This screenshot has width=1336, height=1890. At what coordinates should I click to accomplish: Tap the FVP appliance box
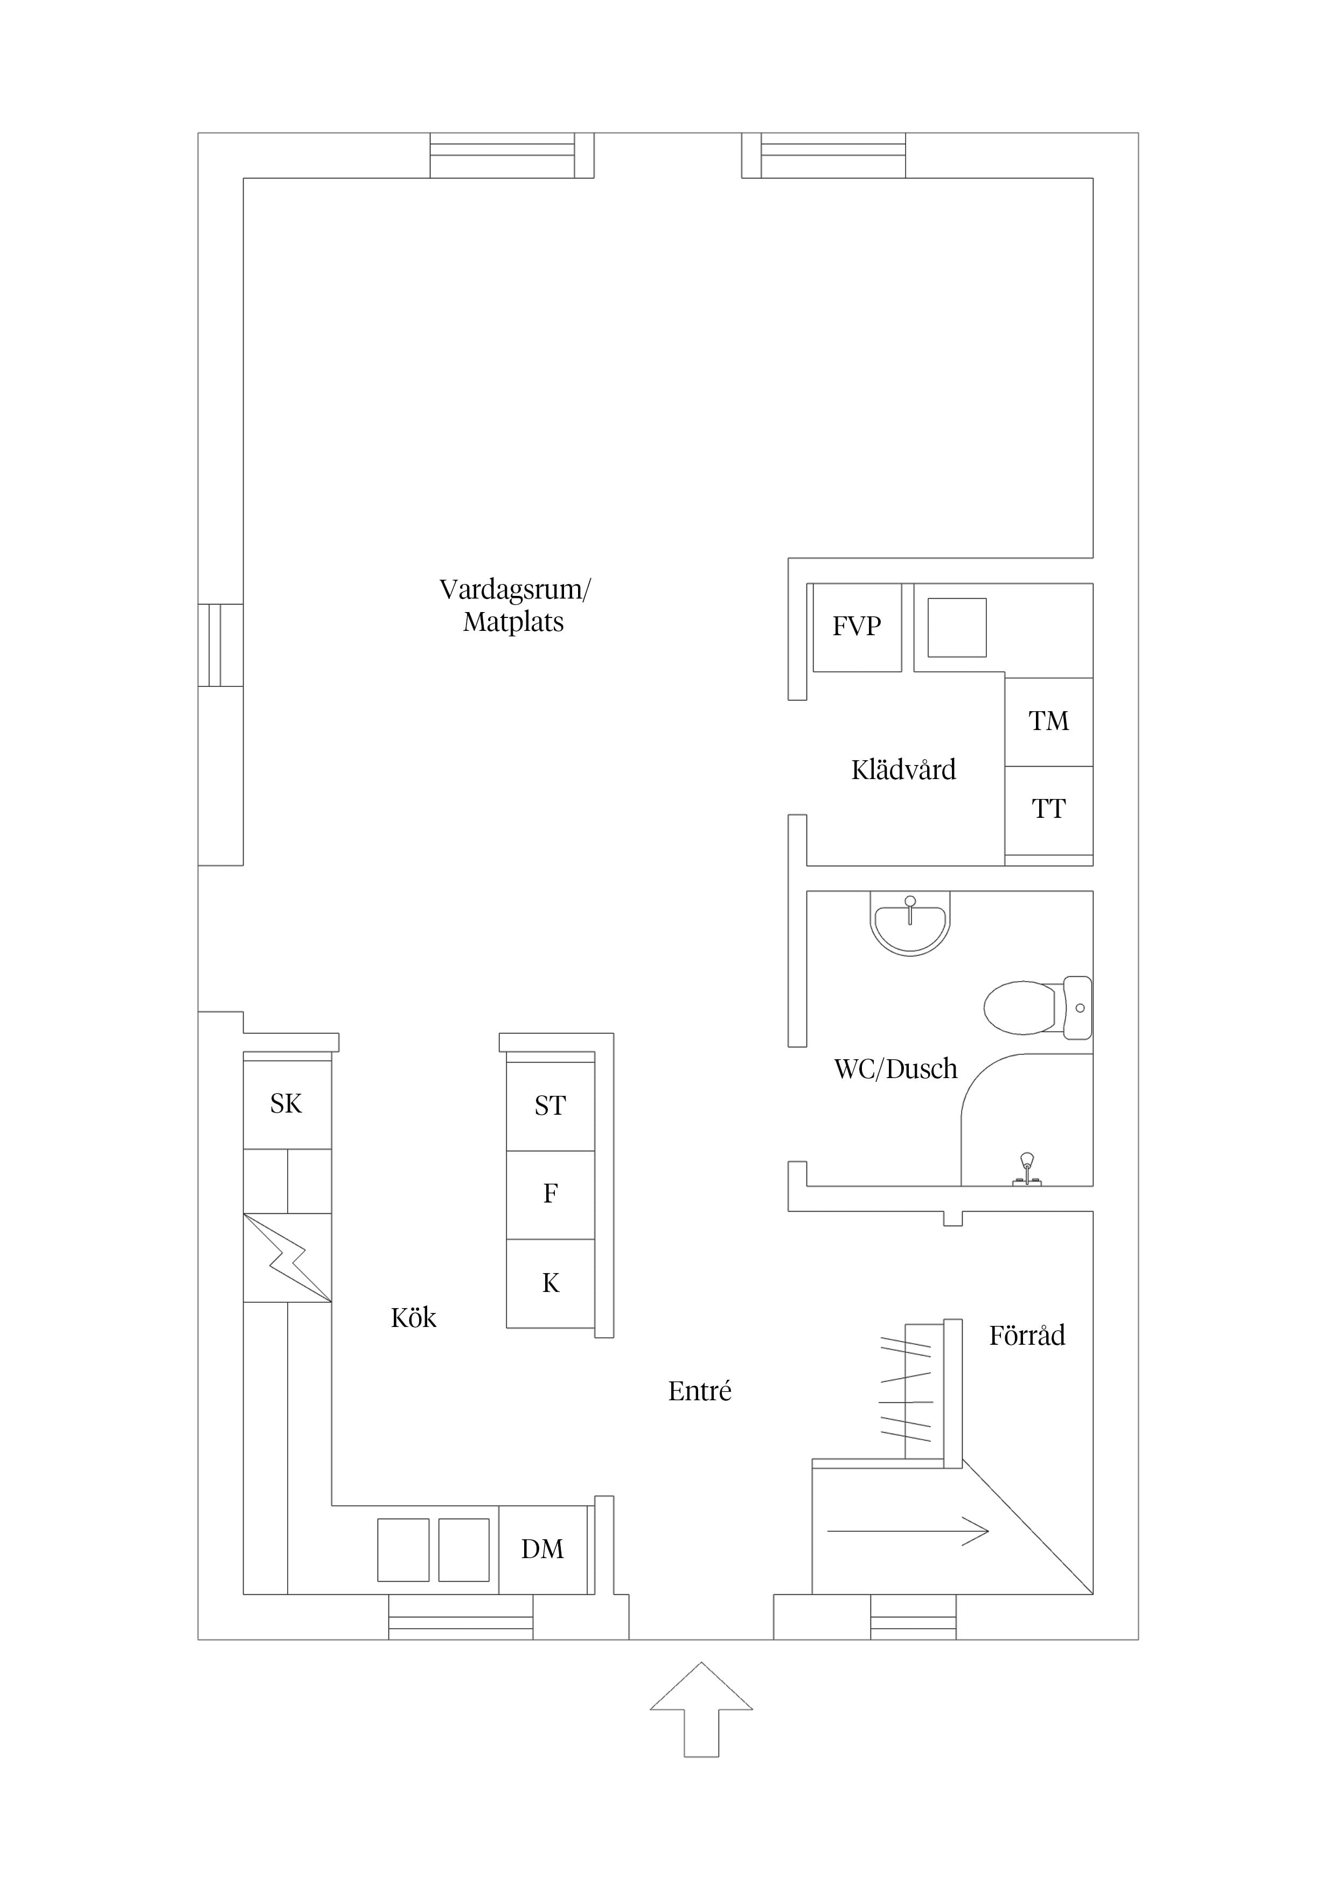tap(857, 627)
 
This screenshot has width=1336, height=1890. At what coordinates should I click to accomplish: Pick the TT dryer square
tap(1049, 810)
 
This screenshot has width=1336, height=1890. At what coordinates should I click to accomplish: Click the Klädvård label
tap(904, 770)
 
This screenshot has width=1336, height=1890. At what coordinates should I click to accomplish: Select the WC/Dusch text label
tap(896, 1069)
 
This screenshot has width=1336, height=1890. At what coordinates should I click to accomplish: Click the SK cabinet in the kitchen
tap(287, 1104)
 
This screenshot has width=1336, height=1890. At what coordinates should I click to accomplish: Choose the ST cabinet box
tap(550, 1106)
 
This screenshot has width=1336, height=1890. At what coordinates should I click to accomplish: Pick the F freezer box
tap(550, 1194)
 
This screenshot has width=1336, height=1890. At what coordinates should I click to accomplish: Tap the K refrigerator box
tap(550, 1283)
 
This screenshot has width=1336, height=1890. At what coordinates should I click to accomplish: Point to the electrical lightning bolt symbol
tap(287, 1258)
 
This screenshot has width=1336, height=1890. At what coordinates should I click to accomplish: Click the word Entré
tap(700, 1391)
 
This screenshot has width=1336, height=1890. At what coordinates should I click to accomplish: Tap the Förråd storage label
tap(1027, 1335)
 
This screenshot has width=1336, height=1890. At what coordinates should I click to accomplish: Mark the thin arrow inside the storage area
tap(908, 1531)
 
